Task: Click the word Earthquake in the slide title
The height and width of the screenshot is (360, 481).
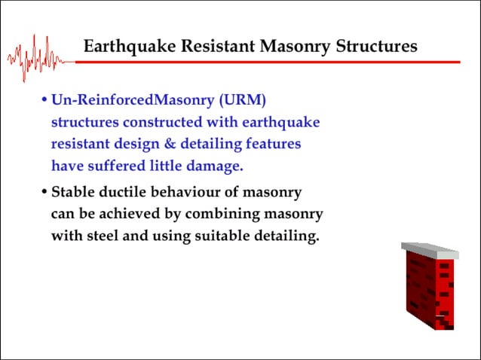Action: (123, 47)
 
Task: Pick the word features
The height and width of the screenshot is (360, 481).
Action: (274, 143)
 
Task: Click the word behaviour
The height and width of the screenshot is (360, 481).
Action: (195, 192)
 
